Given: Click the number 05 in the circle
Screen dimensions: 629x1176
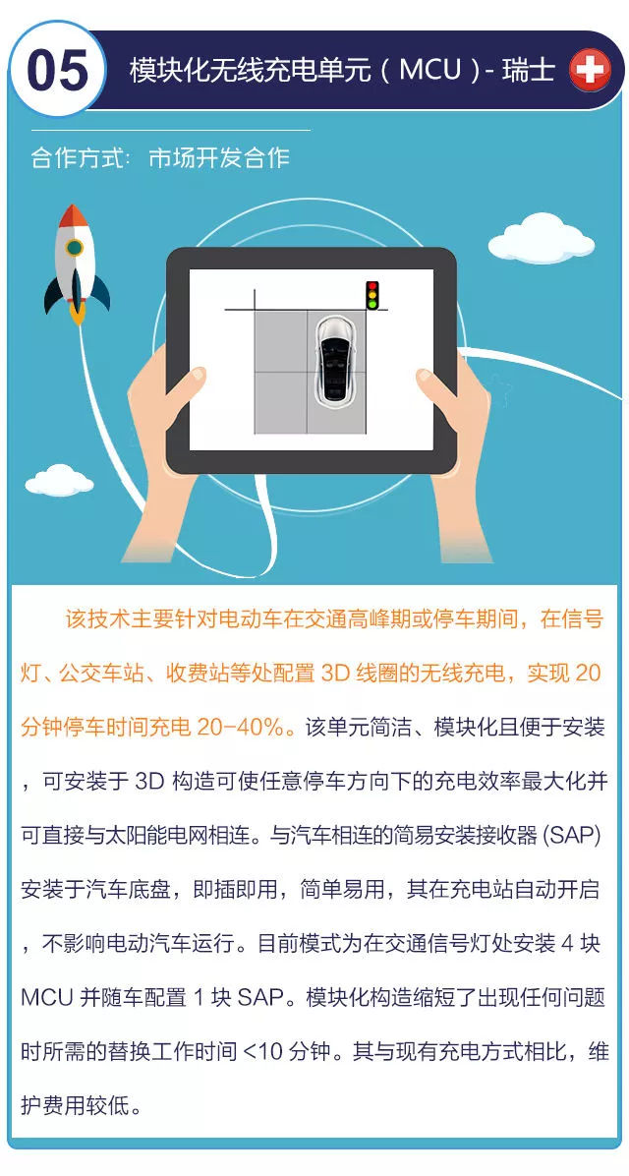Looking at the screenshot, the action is point(57,71).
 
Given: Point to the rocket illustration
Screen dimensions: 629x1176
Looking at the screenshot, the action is point(76,264).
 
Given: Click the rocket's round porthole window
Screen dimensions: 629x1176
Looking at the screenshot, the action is point(75,248).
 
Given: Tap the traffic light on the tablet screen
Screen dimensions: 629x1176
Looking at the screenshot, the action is point(372,295).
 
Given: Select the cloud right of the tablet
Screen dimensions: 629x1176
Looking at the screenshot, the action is point(542,239).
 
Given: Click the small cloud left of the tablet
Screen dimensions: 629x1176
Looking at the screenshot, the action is point(59,481).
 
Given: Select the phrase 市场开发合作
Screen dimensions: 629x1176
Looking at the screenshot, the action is point(219,158).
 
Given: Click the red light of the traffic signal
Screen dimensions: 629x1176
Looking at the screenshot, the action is point(372,286).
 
